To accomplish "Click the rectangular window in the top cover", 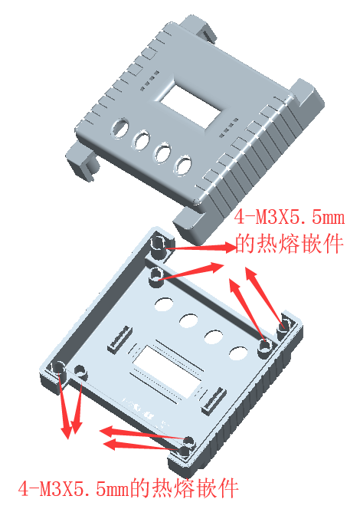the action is (x=191, y=105).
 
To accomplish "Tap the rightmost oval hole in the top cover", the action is (x=182, y=166).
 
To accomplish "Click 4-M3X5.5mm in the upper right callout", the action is (x=289, y=217).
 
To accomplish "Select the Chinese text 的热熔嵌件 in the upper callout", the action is (x=289, y=244).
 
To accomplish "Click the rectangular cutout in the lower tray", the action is (x=168, y=371).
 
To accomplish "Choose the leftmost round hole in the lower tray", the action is (x=164, y=304).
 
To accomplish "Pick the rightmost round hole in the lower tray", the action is (x=238, y=354).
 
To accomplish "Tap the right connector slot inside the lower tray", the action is (x=214, y=401).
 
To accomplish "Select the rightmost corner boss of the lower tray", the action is (x=284, y=327).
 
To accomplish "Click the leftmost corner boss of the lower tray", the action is (x=58, y=370).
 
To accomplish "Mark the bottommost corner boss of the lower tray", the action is (x=185, y=452).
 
